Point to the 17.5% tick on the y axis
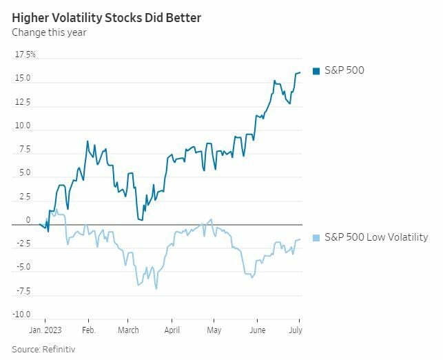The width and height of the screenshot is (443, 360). click(x=25, y=54)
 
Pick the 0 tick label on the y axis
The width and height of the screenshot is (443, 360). click(x=28, y=220)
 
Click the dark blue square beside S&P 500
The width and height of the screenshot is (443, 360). click(x=316, y=70)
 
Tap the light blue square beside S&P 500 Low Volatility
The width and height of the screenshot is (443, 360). click(x=316, y=237)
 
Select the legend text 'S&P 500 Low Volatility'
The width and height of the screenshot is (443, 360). click(x=376, y=237)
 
